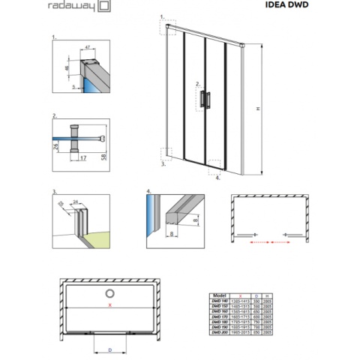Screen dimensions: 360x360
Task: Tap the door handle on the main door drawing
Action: pos(206,100)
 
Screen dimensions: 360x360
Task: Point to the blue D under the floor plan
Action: pos(110,350)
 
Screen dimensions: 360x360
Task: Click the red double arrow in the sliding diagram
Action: pos(271,242)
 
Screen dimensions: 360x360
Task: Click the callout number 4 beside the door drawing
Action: pos(217,178)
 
